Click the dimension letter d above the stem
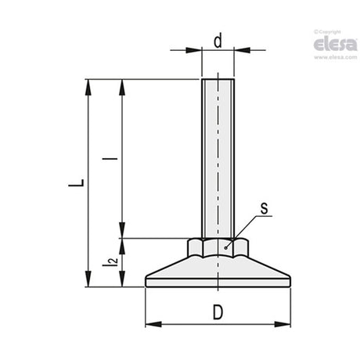click(x=218, y=41)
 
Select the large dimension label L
click(x=77, y=183)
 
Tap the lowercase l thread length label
click(x=110, y=158)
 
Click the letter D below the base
click(x=218, y=312)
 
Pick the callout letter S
click(x=265, y=209)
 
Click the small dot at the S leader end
click(x=225, y=248)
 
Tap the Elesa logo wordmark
click(x=335, y=45)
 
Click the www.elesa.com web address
click(x=336, y=57)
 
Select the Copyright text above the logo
click(x=327, y=32)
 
